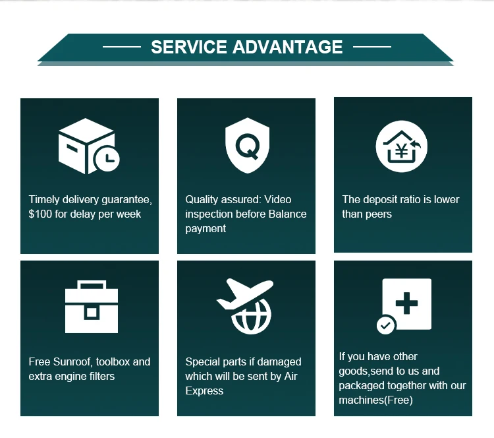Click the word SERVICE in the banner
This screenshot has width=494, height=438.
point(189,47)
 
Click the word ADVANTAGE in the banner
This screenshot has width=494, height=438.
point(287,47)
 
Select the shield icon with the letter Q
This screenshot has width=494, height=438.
point(247,146)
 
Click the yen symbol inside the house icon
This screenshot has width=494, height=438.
point(401,150)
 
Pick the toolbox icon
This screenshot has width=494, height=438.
point(92,307)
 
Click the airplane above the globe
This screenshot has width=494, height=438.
point(244,294)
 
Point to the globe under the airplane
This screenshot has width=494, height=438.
point(252,317)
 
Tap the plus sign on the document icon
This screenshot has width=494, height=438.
point(406,303)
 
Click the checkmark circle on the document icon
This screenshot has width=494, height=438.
point(386,325)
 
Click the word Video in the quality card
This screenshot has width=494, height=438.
point(277,199)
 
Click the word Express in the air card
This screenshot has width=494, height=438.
point(204,391)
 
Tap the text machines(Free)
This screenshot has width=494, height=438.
point(376,400)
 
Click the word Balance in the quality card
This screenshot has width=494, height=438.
point(287,214)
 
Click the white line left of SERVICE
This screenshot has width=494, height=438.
point(122,47)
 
